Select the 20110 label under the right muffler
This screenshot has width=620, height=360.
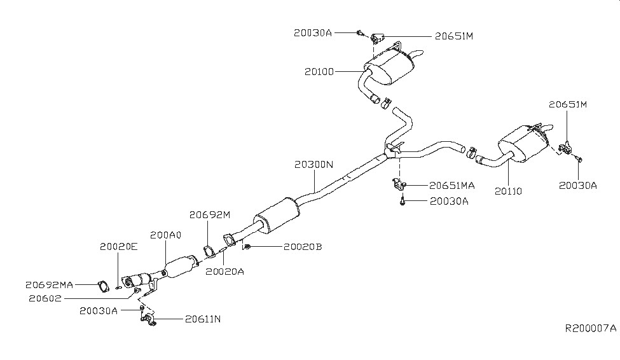click(x=509, y=191)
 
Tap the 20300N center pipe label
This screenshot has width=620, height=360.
click(x=314, y=164)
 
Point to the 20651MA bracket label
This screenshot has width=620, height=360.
click(x=452, y=186)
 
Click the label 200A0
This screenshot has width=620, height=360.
click(x=166, y=235)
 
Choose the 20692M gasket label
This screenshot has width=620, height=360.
click(x=209, y=216)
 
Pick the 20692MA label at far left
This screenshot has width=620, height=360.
click(x=50, y=285)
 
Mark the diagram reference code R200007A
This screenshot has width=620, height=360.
click(x=591, y=329)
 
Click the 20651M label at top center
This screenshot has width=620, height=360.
click(x=454, y=36)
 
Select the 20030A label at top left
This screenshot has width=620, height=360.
click(x=313, y=31)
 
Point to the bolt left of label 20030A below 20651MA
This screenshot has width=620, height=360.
click(x=403, y=202)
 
